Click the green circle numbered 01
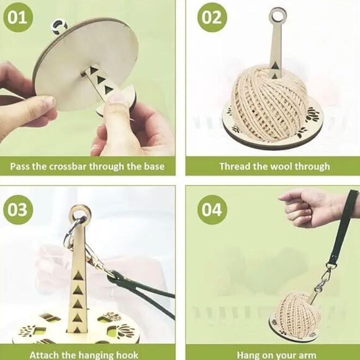coord(19,17)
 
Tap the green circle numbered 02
coord(212,17)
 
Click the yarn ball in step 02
coord(269,102)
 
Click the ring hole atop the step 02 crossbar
coord(277,14)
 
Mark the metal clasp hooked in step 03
coord(93,254)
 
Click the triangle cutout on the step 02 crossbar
coord(276,64)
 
